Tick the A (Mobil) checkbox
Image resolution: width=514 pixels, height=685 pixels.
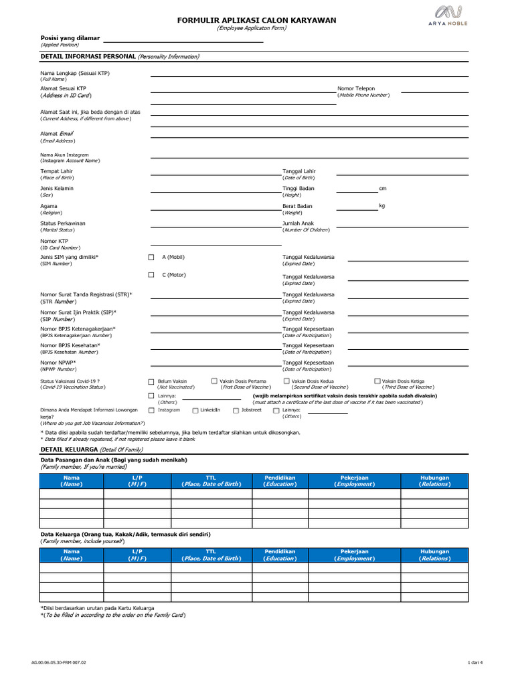click(151, 257)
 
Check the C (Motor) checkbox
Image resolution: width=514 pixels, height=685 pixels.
click(151, 275)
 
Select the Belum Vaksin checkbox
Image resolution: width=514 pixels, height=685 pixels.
click(151, 381)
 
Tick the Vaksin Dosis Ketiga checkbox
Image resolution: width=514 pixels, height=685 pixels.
click(377, 381)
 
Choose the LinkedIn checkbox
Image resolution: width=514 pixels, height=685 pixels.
click(195, 411)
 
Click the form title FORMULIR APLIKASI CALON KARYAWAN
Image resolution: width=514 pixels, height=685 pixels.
click(256, 21)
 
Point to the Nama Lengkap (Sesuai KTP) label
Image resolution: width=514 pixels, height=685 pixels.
click(74, 72)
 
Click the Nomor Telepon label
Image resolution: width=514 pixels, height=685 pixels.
click(356, 88)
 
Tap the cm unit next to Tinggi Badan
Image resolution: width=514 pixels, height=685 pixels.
click(383, 188)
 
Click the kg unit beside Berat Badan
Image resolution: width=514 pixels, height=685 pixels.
click(382, 205)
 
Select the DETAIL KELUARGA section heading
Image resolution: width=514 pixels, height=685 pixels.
click(70, 450)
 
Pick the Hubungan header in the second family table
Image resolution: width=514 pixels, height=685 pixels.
click(434, 552)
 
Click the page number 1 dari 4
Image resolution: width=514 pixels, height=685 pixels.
click(475, 662)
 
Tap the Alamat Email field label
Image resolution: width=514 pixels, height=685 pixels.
click(57, 134)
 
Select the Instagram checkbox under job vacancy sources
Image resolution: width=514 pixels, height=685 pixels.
click(151, 411)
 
